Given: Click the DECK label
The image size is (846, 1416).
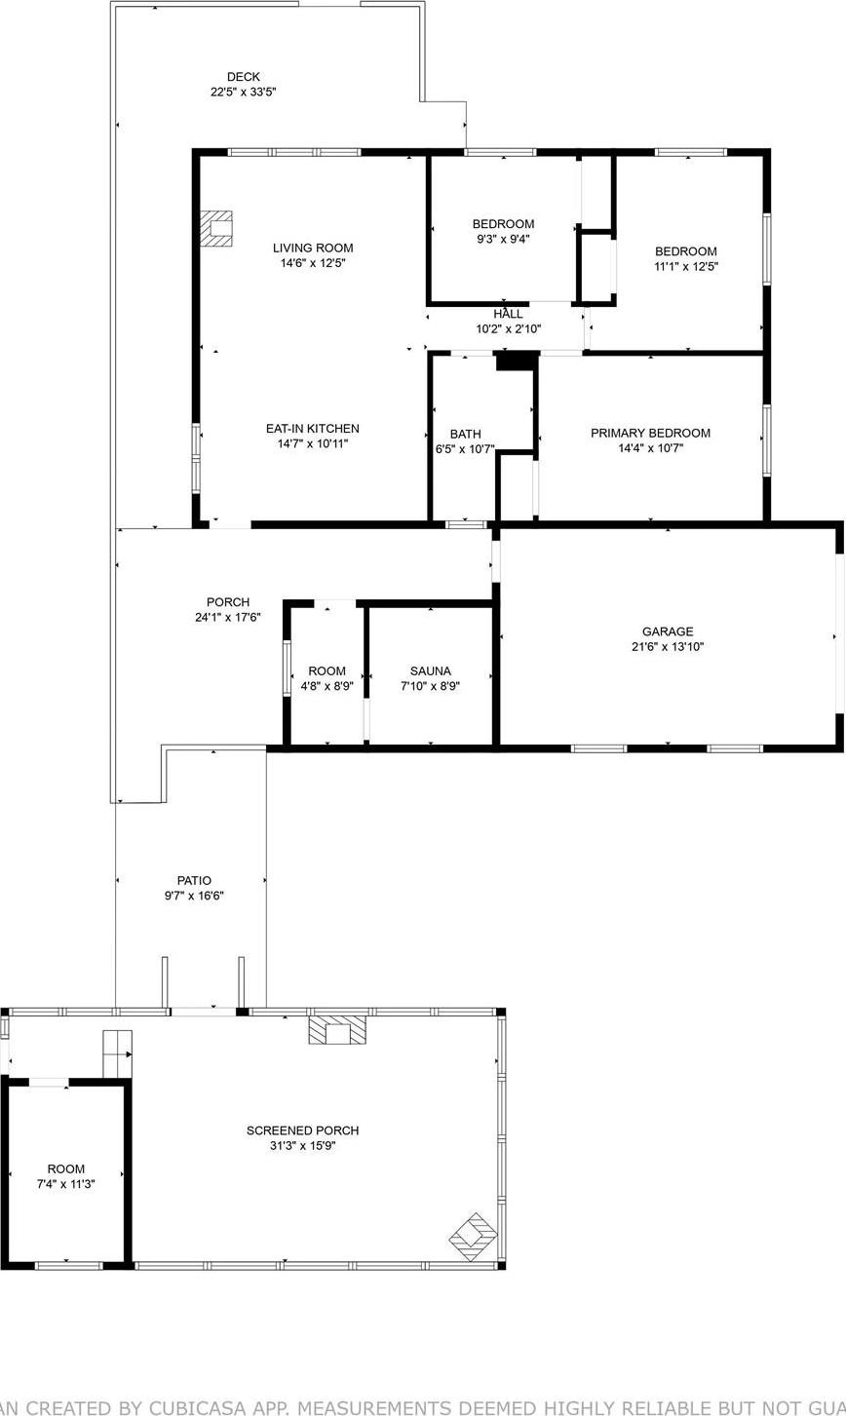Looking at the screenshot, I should click(x=244, y=77).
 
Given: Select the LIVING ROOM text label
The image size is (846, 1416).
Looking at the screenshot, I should click(x=313, y=249).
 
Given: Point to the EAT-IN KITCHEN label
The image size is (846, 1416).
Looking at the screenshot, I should click(x=313, y=429).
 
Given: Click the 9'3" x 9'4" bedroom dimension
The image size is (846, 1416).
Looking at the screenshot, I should click(x=503, y=239).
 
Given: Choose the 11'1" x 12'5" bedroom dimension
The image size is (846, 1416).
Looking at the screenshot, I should click(x=685, y=266).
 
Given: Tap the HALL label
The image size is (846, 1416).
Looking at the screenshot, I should click(x=508, y=314).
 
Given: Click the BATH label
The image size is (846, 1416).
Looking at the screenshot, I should click(x=465, y=435).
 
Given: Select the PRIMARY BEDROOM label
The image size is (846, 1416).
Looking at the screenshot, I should click(x=650, y=434).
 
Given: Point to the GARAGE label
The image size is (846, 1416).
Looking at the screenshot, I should click(x=668, y=631).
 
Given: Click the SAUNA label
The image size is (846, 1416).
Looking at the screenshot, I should click(x=430, y=671).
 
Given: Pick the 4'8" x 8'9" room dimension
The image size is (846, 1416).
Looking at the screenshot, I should click(x=327, y=686).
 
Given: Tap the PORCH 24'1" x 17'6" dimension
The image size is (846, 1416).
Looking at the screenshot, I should click(x=227, y=617).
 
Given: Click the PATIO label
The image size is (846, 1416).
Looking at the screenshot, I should click(x=194, y=881).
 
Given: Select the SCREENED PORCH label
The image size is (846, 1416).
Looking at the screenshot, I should click(x=302, y=1130).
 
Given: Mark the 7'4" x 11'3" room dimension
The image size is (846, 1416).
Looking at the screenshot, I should click(x=66, y=1184).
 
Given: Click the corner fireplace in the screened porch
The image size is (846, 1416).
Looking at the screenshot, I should click(x=474, y=1236).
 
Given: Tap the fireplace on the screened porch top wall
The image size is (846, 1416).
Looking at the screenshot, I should click(x=338, y=1031).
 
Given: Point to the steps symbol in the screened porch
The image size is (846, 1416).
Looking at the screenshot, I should click(x=117, y=1053).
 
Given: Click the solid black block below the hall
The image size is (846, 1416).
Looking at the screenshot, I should click(x=517, y=361).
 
